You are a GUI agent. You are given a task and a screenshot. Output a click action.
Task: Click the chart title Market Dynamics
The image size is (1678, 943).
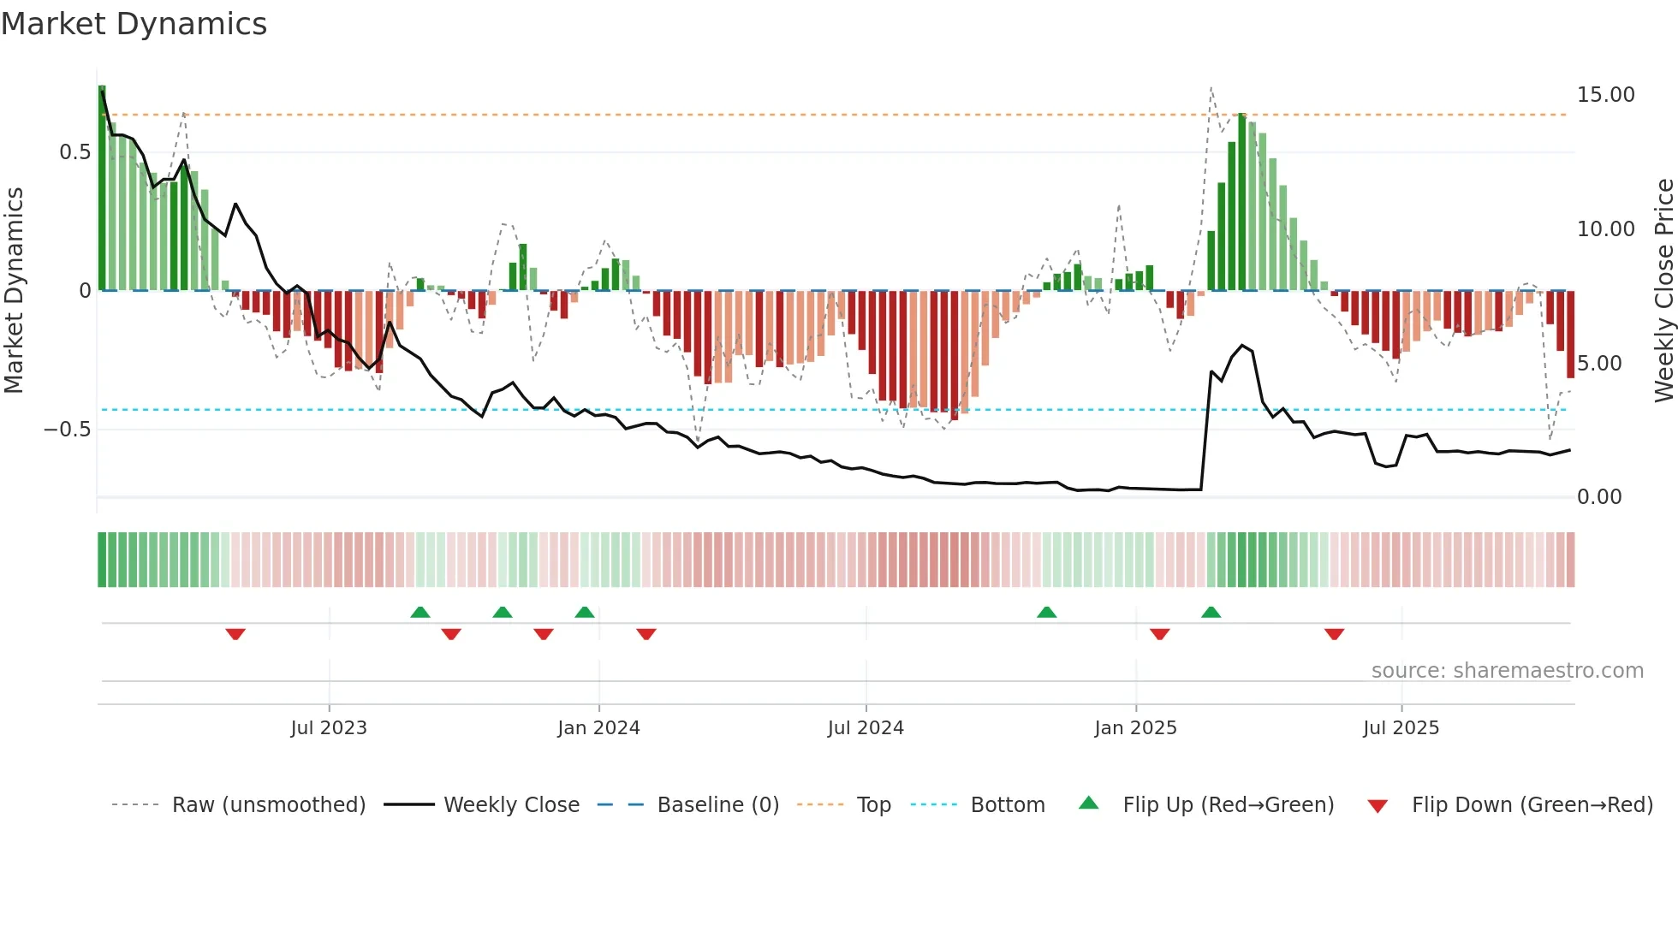[134, 24]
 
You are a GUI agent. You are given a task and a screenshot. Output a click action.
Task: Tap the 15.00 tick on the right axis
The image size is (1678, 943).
[1605, 95]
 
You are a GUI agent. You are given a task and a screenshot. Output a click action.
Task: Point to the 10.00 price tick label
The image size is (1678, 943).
[1605, 229]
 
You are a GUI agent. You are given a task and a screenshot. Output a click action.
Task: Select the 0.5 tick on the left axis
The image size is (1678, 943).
[74, 152]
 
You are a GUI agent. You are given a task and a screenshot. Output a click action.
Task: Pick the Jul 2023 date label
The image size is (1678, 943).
[329, 728]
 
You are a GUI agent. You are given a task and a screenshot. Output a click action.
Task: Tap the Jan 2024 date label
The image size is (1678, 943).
[598, 728]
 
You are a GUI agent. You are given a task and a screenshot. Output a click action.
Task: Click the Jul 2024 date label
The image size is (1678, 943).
[866, 728]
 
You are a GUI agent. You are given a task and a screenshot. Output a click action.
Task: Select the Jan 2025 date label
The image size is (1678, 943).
[1135, 728]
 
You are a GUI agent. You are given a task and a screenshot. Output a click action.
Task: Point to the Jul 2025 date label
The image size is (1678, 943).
[1401, 728]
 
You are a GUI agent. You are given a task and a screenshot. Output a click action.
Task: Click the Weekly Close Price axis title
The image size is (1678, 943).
[1663, 291]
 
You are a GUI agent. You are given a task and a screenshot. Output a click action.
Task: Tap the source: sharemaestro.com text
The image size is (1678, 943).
[1507, 671]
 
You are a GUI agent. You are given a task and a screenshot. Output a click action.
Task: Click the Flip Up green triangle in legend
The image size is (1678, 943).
[1088, 804]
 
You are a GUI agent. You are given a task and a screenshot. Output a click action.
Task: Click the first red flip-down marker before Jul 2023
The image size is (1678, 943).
[235, 634]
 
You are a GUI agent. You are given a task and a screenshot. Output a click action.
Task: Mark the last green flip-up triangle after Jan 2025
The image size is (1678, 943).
[1211, 613]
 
